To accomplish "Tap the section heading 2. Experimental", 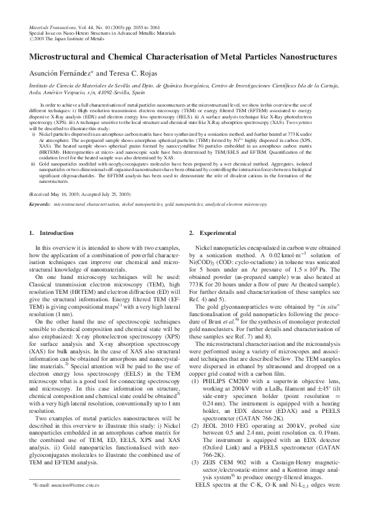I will (195, 233).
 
